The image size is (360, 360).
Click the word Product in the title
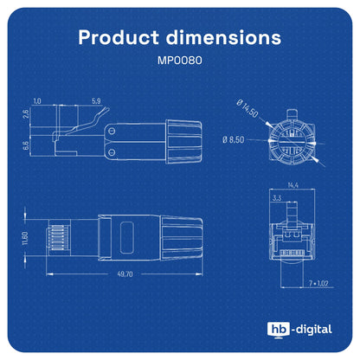click(x=119, y=37)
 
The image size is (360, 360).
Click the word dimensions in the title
click(x=223, y=37)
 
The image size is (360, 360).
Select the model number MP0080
click(x=180, y=61)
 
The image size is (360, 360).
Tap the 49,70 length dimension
click(x=125, y=274)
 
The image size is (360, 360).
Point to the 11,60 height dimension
click(x=25, y=238)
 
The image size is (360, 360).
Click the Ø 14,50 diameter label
click(x=247, y=108)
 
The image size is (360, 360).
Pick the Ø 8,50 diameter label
click(x=234, y=140)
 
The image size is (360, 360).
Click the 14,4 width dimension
click(x=292, y=185)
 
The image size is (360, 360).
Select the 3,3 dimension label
click(x=277, y=198)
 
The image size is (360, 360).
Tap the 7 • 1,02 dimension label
click(x=318, y=283)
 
